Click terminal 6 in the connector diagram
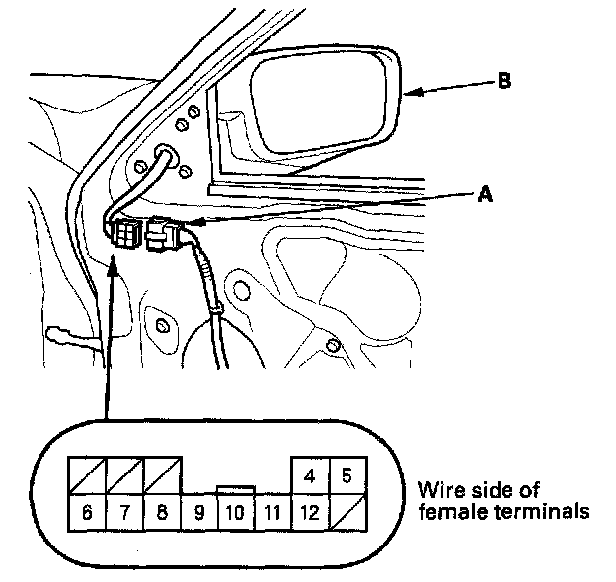(86, 513)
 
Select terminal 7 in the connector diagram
(124, 513)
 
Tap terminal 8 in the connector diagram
(162, 513)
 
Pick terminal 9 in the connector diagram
(198, 513)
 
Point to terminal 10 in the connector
(235, 513)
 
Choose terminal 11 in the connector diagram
(271, 513)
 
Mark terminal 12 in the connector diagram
(308, 513)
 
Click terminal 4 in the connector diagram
(309, 476)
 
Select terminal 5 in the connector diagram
(346, 476)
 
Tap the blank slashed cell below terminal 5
(346, 513)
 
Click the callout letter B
(503, 82)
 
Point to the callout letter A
(484, 195)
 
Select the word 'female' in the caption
(448, 512)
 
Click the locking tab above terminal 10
(235, 490)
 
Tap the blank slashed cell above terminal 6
(86, 476)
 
